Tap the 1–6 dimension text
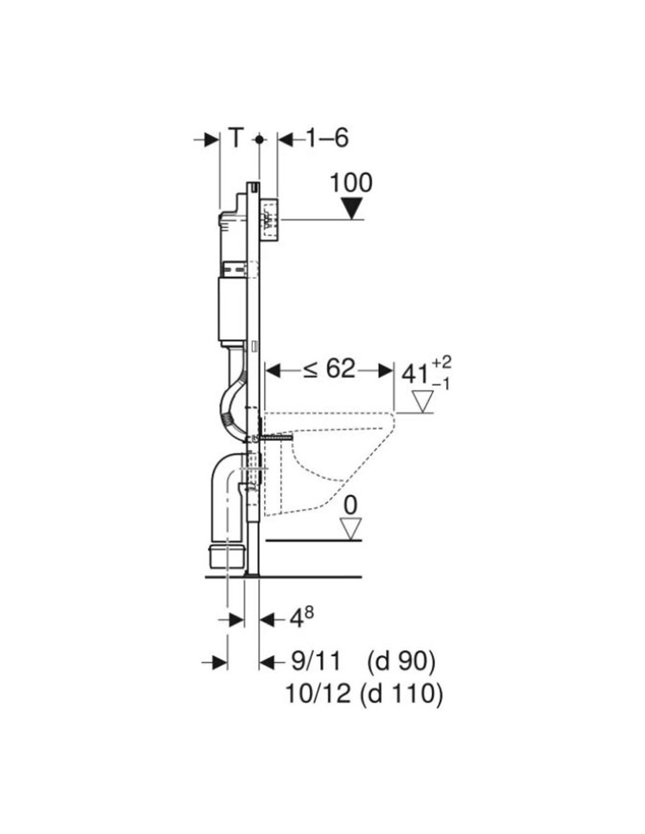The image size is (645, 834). point(327,138)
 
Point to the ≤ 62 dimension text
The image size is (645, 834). point(329,369)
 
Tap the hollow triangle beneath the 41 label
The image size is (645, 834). point(422,402)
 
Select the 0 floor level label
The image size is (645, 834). point(350,506)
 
